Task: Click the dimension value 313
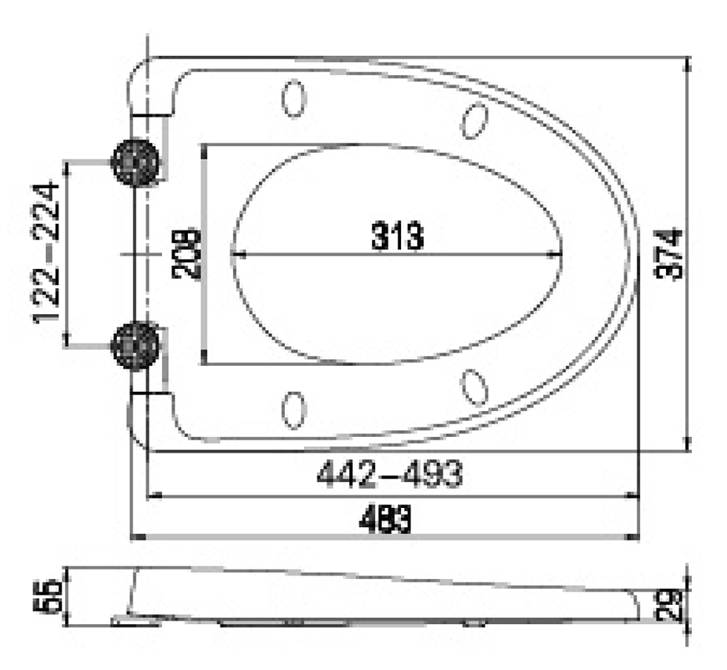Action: tap(398, 237)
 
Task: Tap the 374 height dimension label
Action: tap(670, 253)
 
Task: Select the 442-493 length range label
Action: tap(389, 475)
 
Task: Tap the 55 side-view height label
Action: tap(52, 596)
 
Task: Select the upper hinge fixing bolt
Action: tap(135, 160)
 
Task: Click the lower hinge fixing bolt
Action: tap(135, 343)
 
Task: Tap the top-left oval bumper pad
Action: tap(294, 98)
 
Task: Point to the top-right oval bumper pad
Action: tap(475, 120)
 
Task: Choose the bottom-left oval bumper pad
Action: tap(294, 409)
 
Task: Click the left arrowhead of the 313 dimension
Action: tap(236, 253)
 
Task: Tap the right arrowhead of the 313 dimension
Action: tap(555, 253)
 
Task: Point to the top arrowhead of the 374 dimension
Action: tap(687, 63)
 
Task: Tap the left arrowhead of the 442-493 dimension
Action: tap(153, 496)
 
